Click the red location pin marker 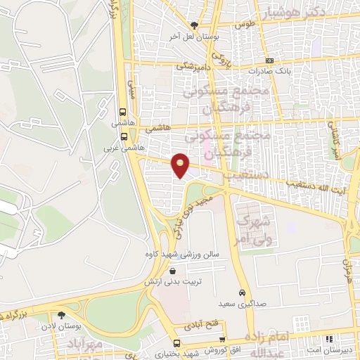coord(181,165)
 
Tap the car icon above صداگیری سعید coord(242,292)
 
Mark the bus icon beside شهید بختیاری coord(176,343)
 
